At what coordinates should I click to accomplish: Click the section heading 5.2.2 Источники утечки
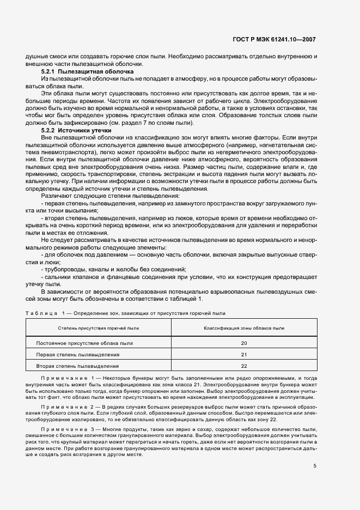(x=76, y=131)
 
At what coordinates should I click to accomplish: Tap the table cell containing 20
(x=243, y=343)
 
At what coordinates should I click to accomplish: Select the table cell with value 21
(x=243, y=354)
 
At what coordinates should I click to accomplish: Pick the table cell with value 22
(x=243, y=366)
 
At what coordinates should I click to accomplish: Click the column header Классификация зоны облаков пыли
(x=243, y=328)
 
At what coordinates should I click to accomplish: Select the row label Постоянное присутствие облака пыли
(x=84, y=343)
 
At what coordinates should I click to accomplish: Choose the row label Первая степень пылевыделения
(x=77, y=354)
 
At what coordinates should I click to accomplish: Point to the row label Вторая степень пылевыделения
(x=77, y=366)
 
